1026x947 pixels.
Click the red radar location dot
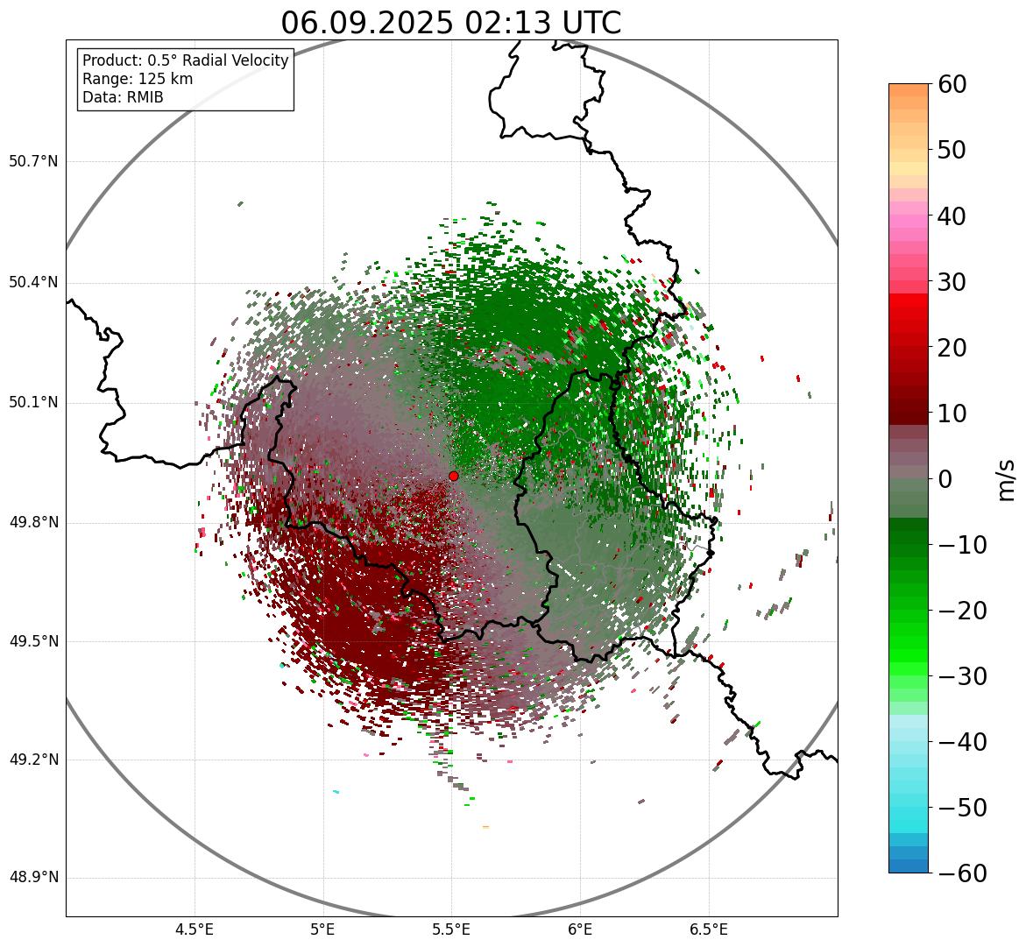(453, 476)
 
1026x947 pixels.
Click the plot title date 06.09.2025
(364, 23)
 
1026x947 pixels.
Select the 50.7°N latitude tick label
(33, 162)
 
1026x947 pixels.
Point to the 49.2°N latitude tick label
(33, 760)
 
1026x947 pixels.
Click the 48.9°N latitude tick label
(33, 878)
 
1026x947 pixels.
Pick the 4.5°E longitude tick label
(195, 929)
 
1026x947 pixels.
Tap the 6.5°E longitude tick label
(708, 929)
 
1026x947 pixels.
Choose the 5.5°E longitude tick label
(451, 929)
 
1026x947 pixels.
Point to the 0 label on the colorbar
(945, 479)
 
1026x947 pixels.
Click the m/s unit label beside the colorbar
(1007, 478)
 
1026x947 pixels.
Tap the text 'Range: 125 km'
(138, 79)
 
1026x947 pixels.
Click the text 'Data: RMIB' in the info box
(123, 97)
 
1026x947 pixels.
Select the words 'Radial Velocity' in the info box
(237, 60)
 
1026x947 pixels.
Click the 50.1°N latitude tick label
(33, 403)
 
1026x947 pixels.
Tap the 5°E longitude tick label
(323, 929)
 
